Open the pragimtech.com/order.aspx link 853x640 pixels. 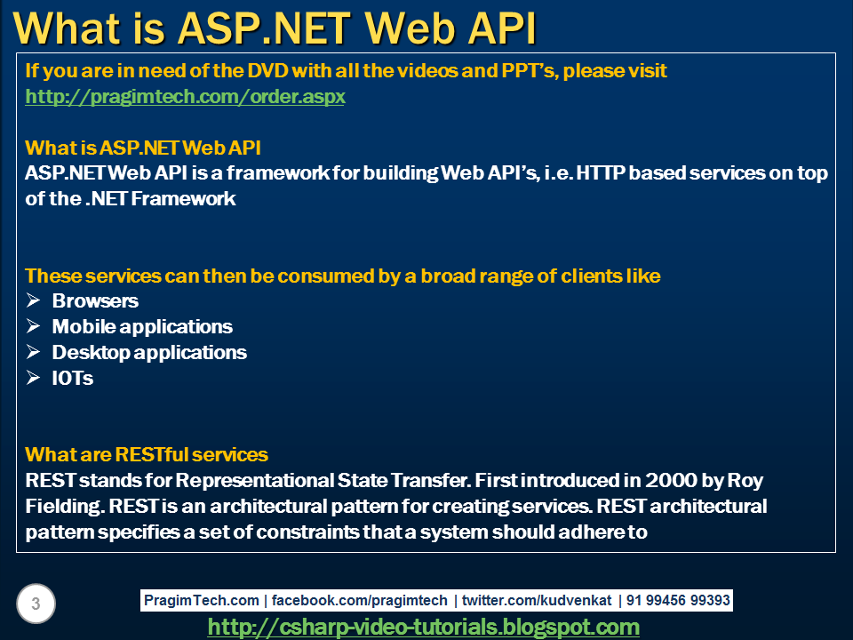pos(185,97)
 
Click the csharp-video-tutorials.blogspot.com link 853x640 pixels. pos(423,627)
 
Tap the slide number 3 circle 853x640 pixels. pos(36,604)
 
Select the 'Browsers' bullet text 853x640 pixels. pos(95,301)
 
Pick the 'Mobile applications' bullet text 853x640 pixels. pos(142,327)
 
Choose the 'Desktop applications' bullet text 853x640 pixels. pos(149,353)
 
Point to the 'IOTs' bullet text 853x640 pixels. pos(72,379)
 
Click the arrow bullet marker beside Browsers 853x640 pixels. pos(33,301)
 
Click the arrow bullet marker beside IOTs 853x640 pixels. pos(33,379)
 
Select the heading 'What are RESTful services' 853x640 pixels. pos(147,455)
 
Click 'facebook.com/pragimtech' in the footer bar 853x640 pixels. pos(360,601)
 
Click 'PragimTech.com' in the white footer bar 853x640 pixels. pos(203,601)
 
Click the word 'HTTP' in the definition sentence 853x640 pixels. pos(601,173)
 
